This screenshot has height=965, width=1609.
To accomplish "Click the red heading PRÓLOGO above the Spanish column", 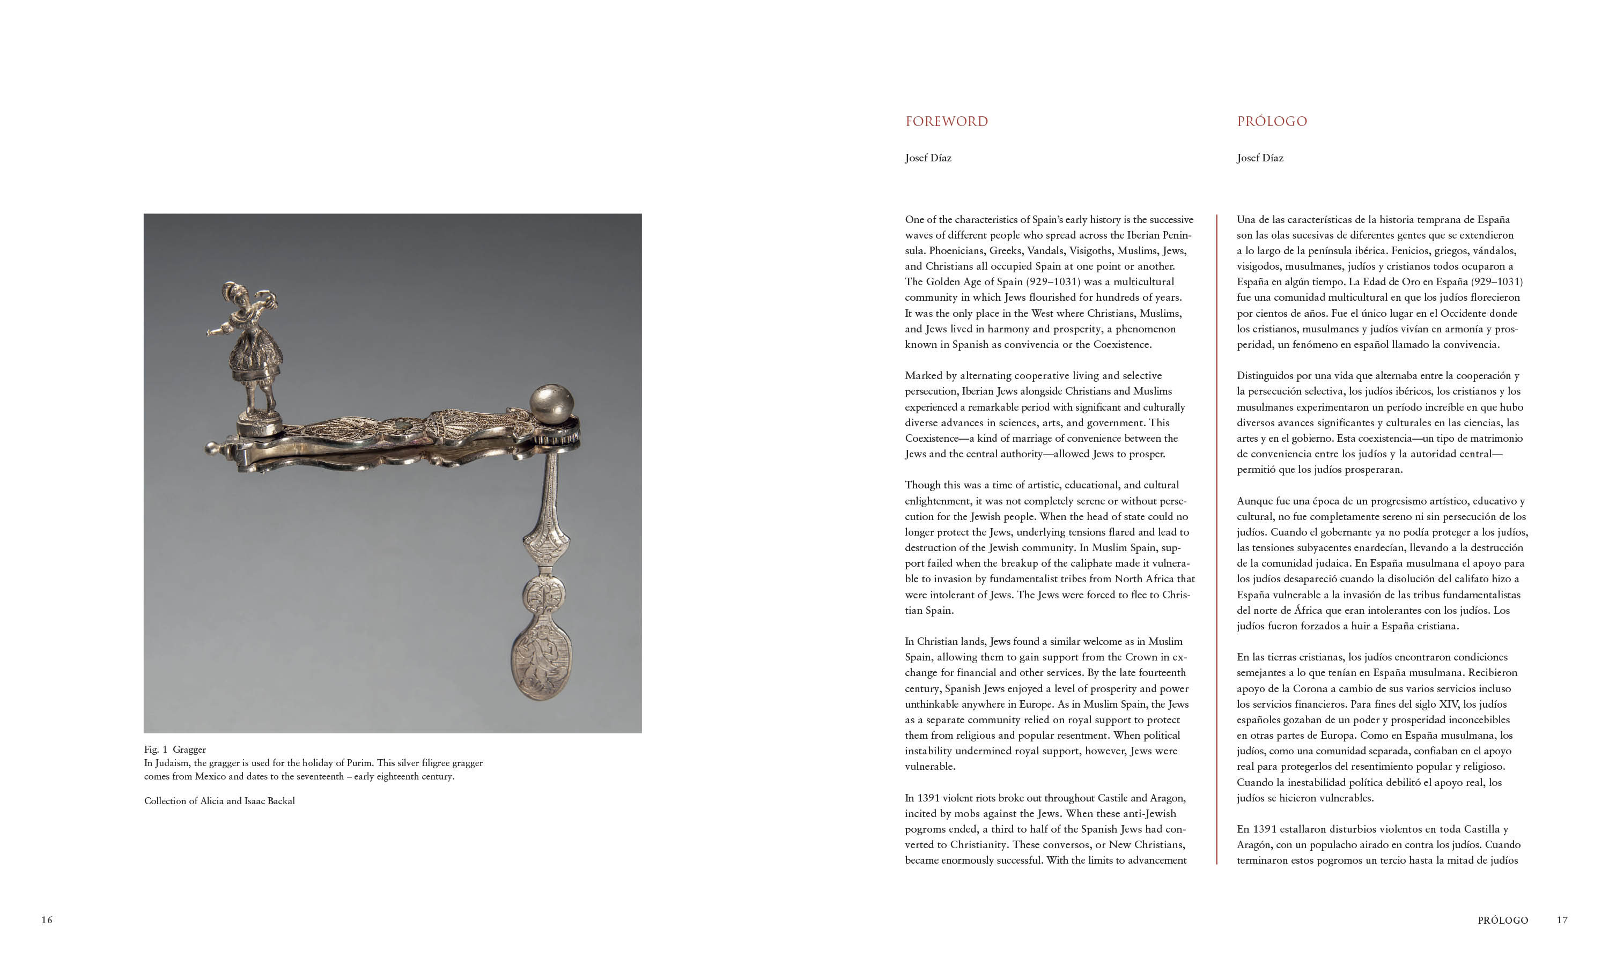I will pos(1272,122).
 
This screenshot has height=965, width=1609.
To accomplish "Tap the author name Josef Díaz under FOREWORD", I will pos(928,158).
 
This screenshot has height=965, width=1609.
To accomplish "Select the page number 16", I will pos(47,919).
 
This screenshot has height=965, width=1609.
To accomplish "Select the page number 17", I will pos(1562,919).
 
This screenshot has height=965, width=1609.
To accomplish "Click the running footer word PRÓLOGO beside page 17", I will pos(1502,920).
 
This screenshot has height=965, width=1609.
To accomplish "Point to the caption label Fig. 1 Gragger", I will pos(175,749).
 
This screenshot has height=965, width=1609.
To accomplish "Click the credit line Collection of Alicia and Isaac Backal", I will pos(219,801).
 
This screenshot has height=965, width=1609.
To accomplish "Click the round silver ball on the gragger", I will pos(551,403).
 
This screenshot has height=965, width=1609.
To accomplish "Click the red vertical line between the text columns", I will pos(1216,540).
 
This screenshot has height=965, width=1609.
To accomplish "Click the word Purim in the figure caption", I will pos(360,763).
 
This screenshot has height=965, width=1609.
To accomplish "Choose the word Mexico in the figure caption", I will pos(210,776).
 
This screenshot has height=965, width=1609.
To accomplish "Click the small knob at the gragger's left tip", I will pos(211,448).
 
